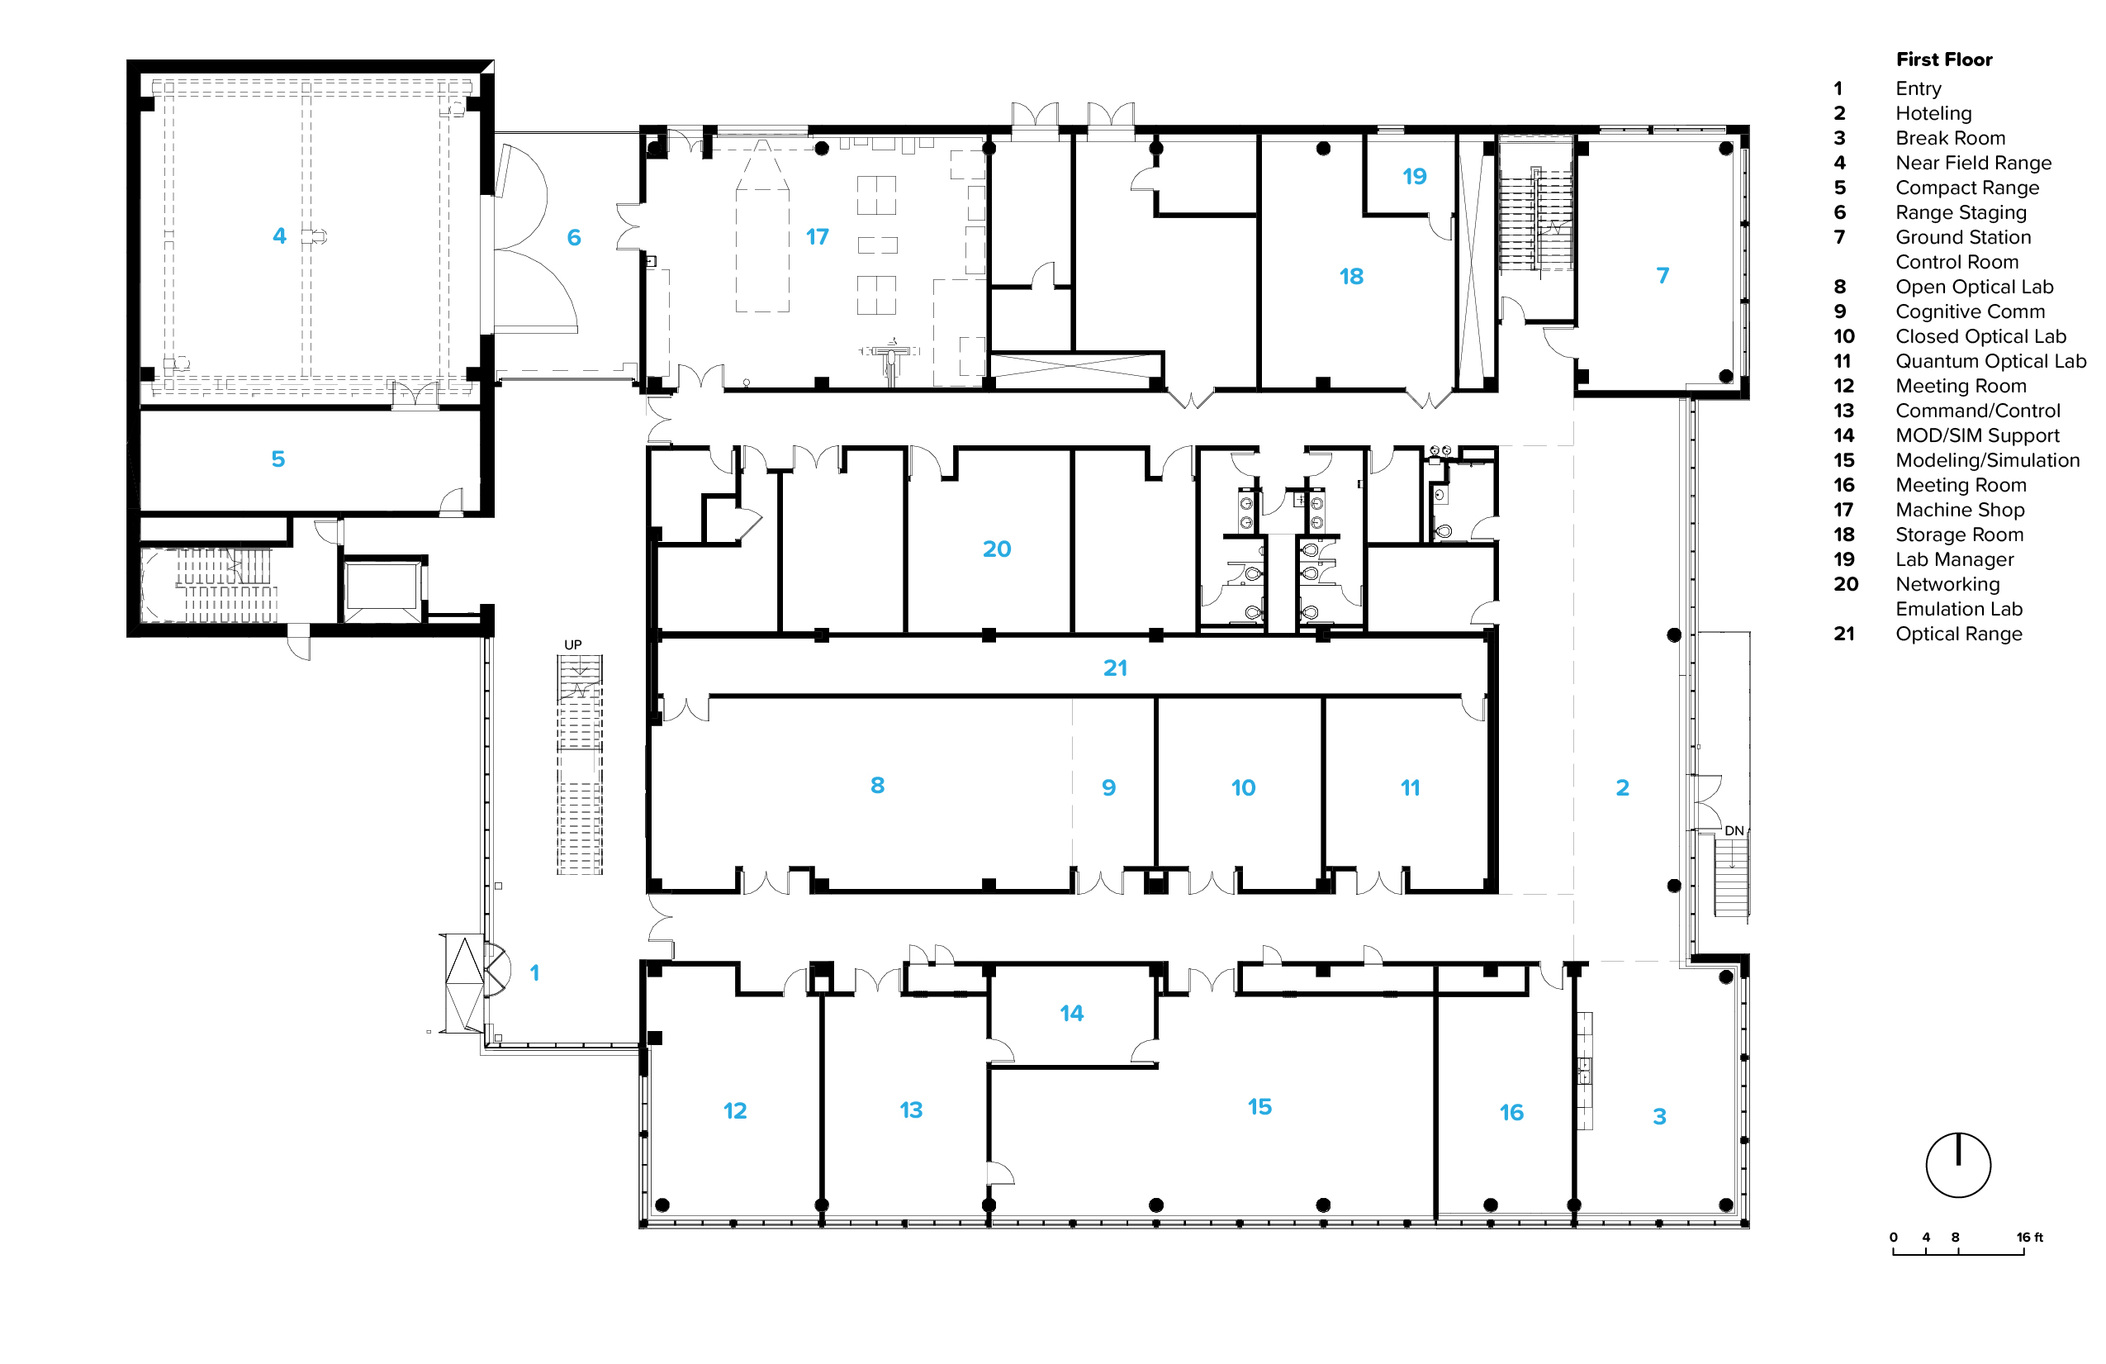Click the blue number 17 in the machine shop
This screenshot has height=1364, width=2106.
(x=817, y=236)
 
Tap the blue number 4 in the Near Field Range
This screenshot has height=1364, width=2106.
(x=280, y=235)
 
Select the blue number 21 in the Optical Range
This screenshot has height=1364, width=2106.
(x=1115, y=668)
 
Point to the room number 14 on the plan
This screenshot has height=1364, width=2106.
(x=1072, y=1013)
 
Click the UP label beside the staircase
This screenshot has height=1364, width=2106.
(x=573, y=644)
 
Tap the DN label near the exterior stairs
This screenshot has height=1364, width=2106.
(x=1734, y=830)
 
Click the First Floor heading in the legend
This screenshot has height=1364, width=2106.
(x=1944, y=59)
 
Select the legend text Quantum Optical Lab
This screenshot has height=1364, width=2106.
(x=1991, y=361)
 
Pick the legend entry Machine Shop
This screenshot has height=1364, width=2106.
(x=1960, y=510)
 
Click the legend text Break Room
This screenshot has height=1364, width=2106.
(x=1950, y=138)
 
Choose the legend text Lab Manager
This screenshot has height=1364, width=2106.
(x=1955, y=559)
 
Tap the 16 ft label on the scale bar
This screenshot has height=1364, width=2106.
(x=2030, y=1237)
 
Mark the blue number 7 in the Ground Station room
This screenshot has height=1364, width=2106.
(x=1663, y=275)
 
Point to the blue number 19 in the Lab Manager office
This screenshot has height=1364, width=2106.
(x=1414, y=176)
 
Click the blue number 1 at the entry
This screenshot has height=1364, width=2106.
(x=534, y=972)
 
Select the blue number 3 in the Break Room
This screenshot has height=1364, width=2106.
(x=1659, y=1116)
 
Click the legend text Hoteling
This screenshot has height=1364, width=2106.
(x=1933, y=113)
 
